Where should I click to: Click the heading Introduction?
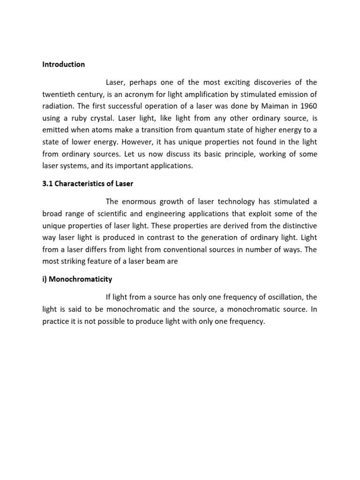click(x=63, y=64)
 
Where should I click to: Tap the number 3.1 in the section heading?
click(x=47, y=183)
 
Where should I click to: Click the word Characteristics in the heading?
click(x=82, y=183)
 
